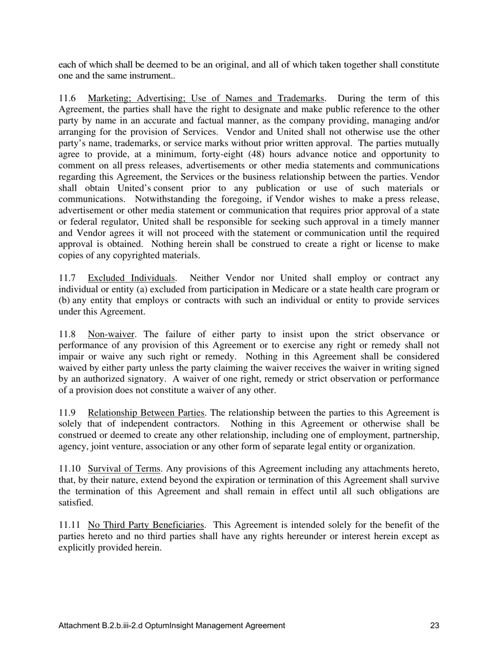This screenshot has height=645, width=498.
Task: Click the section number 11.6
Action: [x=67, y=99]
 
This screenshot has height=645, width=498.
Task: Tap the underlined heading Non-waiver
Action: [x=111, y=334]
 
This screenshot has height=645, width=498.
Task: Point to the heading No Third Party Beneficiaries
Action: [x=146, y=525]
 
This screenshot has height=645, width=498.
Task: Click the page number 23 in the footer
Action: [x=435, y=625]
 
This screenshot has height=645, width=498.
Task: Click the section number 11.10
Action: [x=69, y=469]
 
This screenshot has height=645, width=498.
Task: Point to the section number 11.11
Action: [x=69, y=525]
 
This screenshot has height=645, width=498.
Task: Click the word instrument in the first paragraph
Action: [x=153, y=76]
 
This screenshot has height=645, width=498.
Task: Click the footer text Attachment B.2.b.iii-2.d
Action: [x=101, y=625]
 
